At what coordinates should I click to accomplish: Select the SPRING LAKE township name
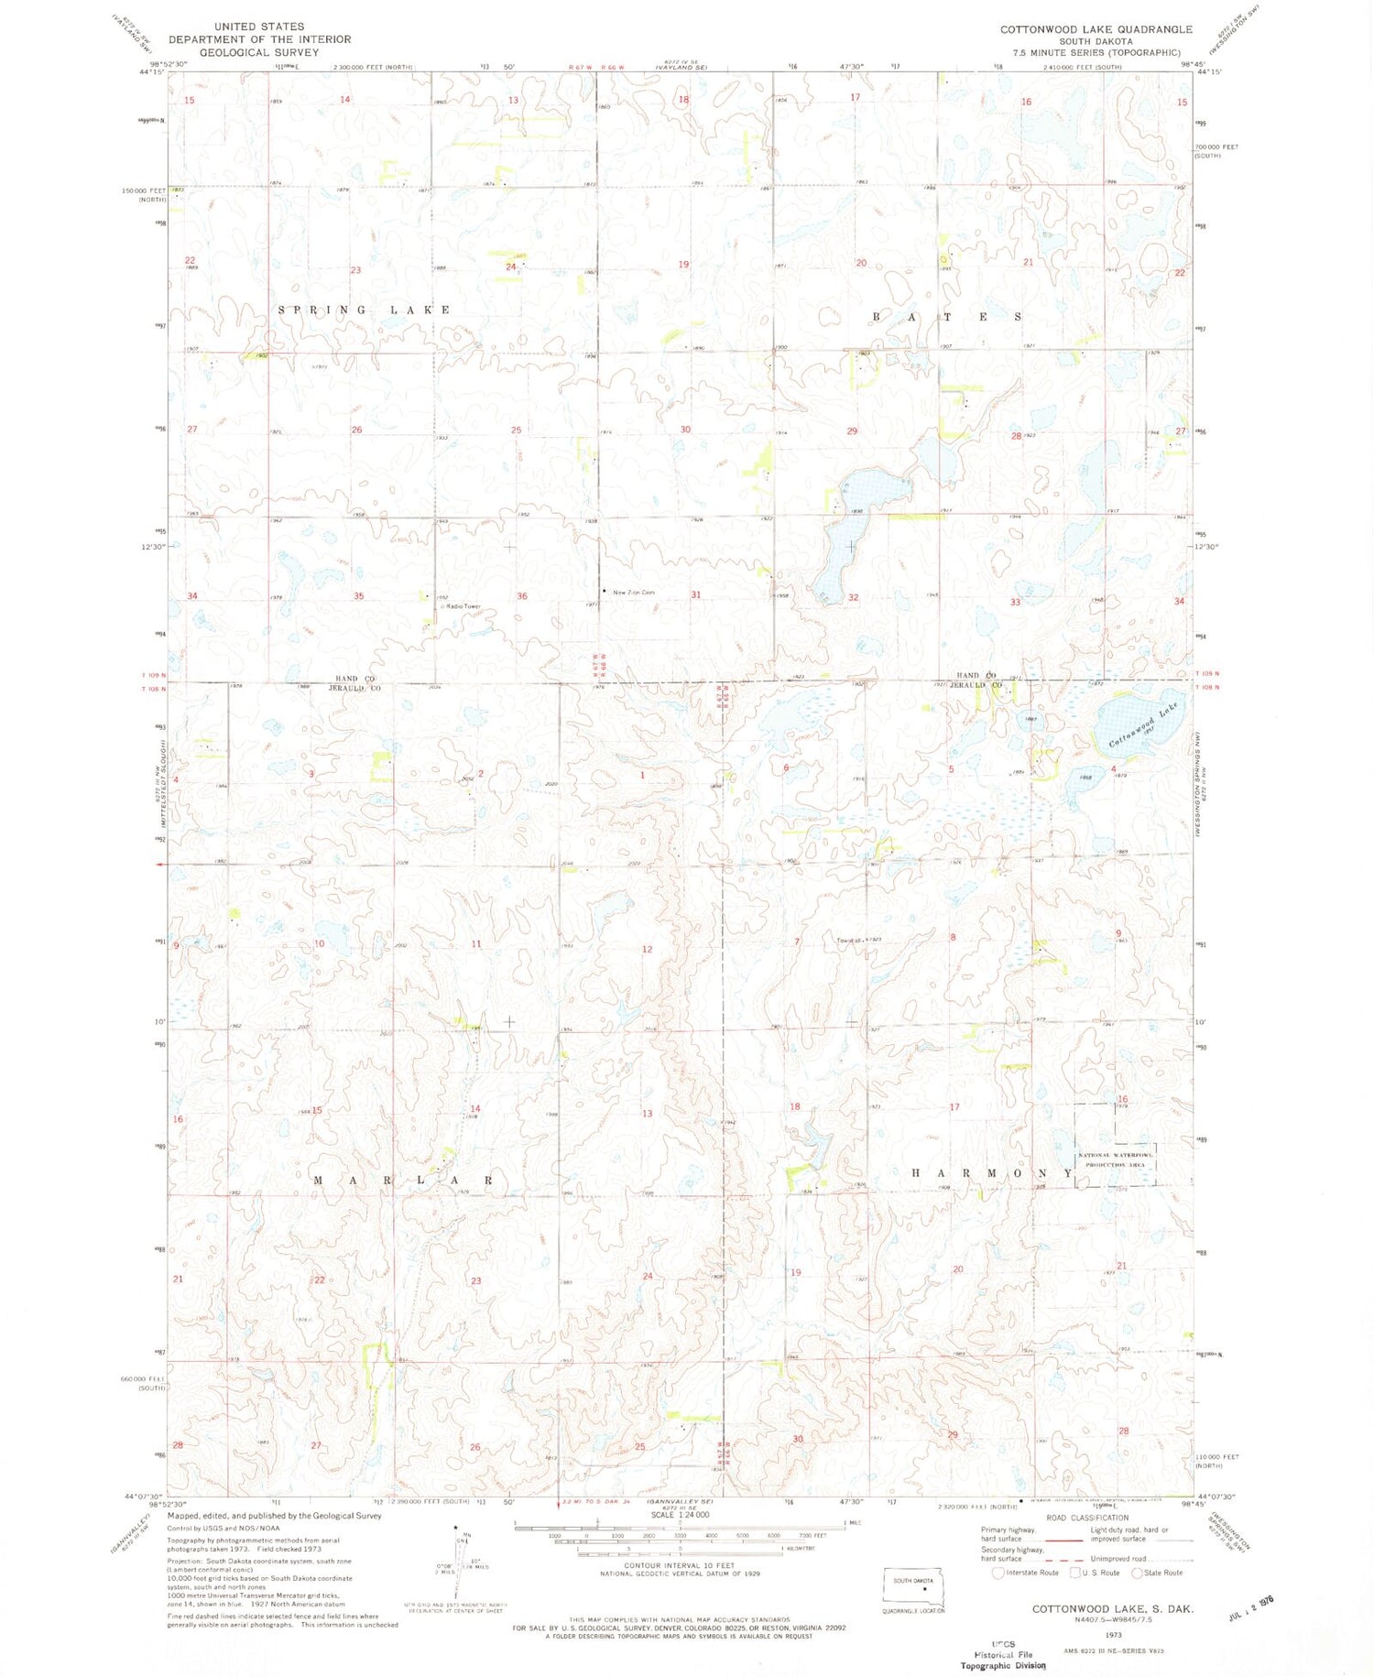click(365, 310)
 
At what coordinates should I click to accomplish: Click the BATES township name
click(946, 317)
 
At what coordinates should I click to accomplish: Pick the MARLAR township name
click(404, 1181)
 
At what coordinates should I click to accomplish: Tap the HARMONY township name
click(992, 1173)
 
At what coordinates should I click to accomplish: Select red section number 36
click(522, 596)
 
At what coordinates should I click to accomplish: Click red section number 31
click(696, 594)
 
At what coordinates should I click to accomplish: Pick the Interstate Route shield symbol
click(998, 1573)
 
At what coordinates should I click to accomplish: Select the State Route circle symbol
click(1137, 1573)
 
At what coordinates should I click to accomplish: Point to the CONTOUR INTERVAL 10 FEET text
click(679, 1565)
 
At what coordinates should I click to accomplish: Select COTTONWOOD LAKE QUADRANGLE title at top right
click(1096, 29)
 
